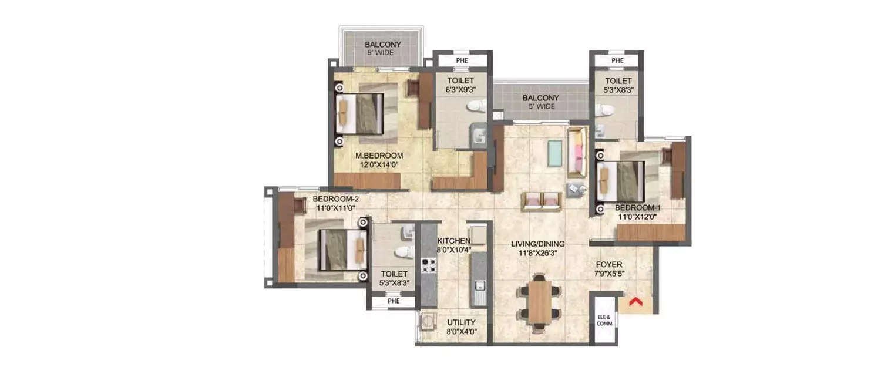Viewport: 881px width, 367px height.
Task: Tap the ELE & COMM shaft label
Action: tap(604, 319)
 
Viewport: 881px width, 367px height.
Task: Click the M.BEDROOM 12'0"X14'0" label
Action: tap(379, 160)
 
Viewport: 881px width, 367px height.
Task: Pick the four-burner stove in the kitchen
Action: tap(429, 266)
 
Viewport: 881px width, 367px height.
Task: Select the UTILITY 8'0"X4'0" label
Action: tap(462, 327)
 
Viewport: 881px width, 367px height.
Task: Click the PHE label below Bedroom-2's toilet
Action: tap(393, 301)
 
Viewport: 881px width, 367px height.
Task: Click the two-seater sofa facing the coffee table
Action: tap(542, 201)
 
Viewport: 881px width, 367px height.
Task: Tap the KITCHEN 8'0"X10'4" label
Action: tap(453, 245)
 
